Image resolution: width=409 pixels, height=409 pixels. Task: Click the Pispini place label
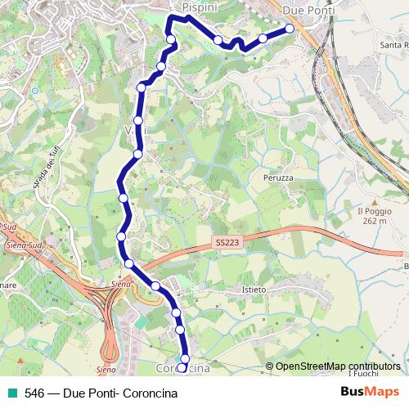tap(199, 7)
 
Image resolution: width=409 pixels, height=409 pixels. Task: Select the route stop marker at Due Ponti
tap(290, 29)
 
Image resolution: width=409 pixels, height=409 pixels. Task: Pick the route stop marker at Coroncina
tap(184, 359)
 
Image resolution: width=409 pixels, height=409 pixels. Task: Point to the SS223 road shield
tap(231, 243)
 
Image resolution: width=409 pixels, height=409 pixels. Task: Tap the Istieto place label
tap(255, 290)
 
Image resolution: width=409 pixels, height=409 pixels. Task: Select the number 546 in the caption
tap(34, 392)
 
